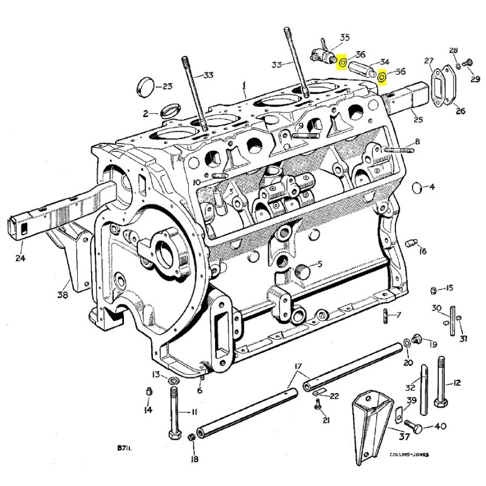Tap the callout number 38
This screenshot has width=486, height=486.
[x=63, y=295]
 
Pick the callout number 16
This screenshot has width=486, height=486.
[x=423, y=251]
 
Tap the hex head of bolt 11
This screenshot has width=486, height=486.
[x=174, y=436]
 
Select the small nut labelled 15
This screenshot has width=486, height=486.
[x=433, y=289]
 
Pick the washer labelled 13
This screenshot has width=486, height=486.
[x=173, y=381]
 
